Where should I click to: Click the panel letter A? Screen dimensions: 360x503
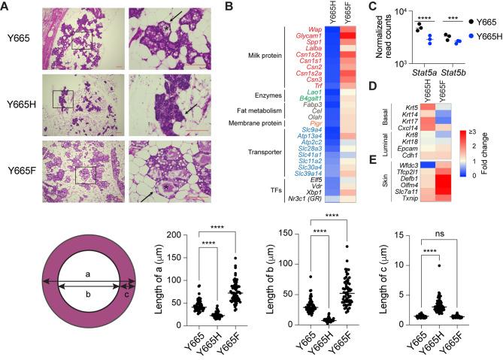[x=5, y=7]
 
